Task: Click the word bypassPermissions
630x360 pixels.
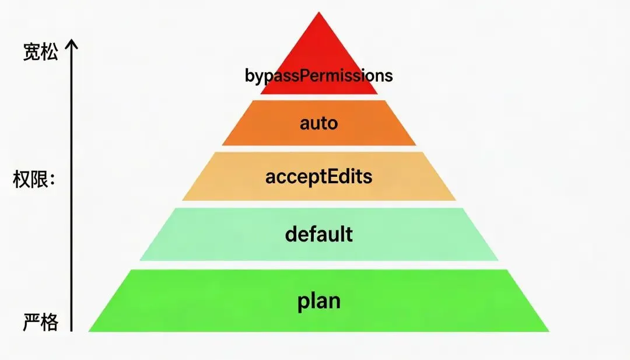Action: click(318, 76)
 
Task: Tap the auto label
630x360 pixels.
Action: click(318, 123)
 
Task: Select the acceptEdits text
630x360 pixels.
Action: click(318, 176)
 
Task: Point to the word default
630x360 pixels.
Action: click(318, 234)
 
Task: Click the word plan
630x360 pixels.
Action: click(318, 302)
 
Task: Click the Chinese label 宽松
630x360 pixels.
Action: click(41, 53)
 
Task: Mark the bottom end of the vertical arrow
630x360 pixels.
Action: click(71, 330)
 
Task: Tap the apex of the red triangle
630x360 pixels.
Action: click(318, 13)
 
